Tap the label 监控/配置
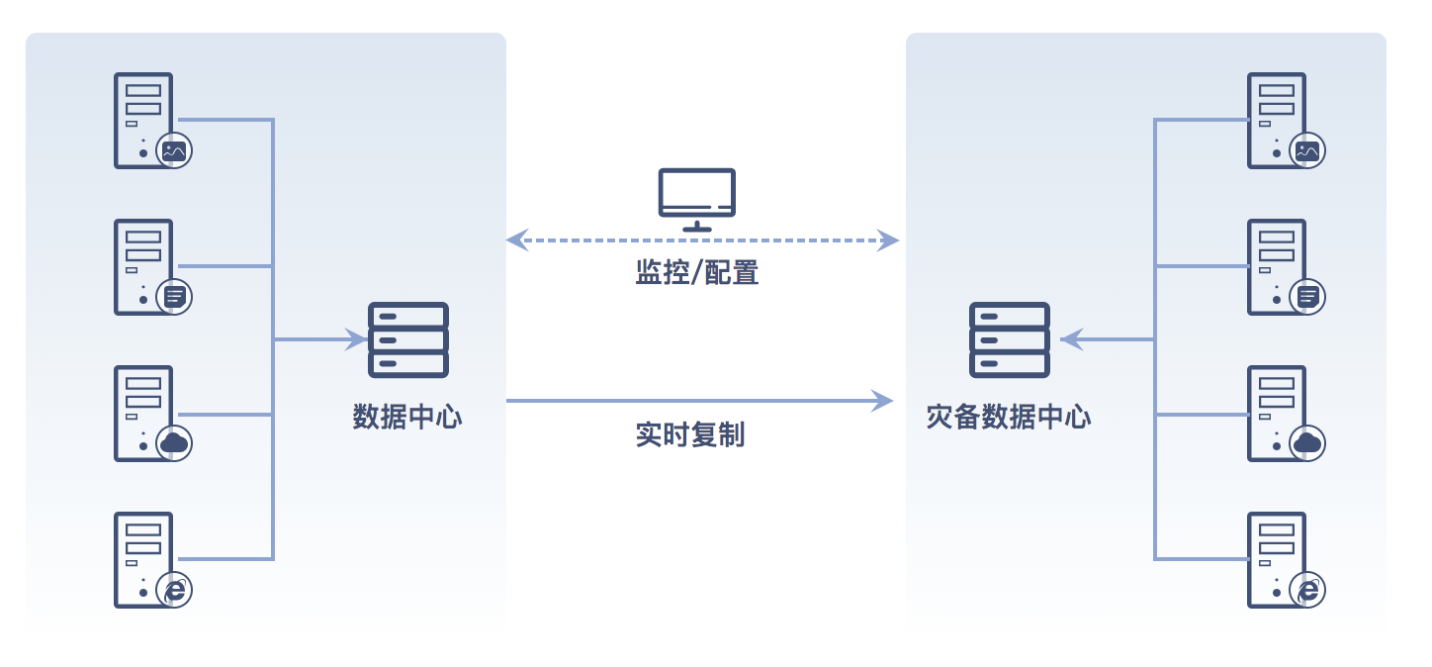pyautogui.click(x=697, y=272)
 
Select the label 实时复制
pyautogui.click(x=690, y=433)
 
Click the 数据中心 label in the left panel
pyautogui.click(x=407, y=417)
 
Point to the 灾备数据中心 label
pyautogui.click(x=1009, y=417)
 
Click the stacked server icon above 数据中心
pyautogui.click(x=408, y=339)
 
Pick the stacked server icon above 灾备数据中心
pyautogui.click(x=1010, y=339)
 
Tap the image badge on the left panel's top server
pyautogui.click(x=175, y=151)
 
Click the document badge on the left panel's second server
pyautogui.click(x=175, y=296)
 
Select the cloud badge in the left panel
pyautogui.click(x=175, y=442)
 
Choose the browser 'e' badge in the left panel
pyautogui.click(x=175, y=591)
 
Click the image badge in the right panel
pyautogui.click(x=1308, y=151)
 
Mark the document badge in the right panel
pyautogui.click(x=1308, y=296)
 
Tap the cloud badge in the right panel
pyautogui.click(x=1308, y=442)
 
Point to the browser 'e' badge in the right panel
pyautogui.click(x=1308, y=591)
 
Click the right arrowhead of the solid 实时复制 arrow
pyautogui.click(x=883, y=401)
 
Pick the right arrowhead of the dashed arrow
pyautogui.click(x=888, y=239)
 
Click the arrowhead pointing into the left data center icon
pyautogui.click(x=357, y=339)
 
